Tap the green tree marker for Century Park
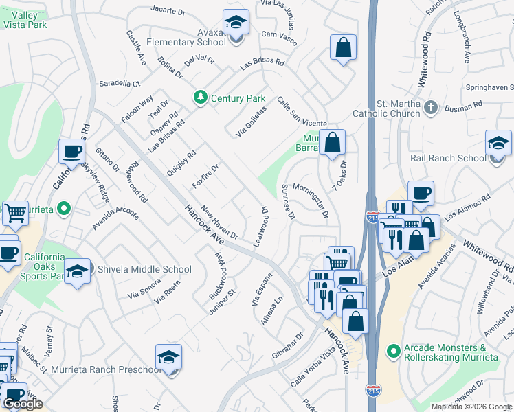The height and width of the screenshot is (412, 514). pyautogui.click(x=201, y=98)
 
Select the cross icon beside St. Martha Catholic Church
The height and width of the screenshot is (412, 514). pyautogui.click(x=430, y=106)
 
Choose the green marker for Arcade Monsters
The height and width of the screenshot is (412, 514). pyautogui.click(x=393, y=351)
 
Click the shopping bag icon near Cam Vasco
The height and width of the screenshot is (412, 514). pyautogui.click(x=343, y=47)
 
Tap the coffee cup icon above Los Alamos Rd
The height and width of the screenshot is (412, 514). pyautogui.click(x=421, y=193)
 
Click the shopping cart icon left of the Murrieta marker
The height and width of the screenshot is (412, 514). pyautogui.click(x=15, y=212)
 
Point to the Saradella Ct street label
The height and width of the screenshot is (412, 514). pyautogui.click(x=119, y=82)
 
